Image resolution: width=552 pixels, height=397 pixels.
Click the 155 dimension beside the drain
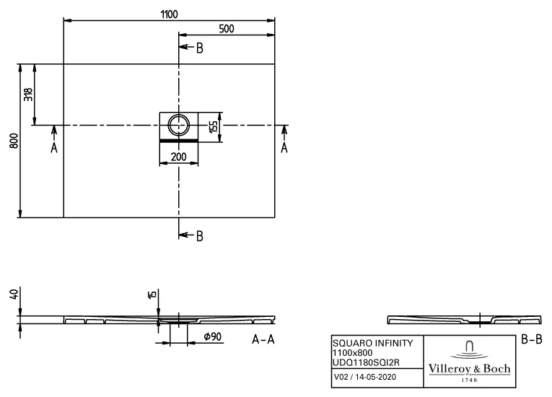[214, 126]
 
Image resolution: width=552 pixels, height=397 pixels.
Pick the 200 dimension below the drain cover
[178, 157]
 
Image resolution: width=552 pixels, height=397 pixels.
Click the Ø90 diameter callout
[213, 337]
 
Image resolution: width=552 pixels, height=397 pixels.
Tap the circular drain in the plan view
[178, 125]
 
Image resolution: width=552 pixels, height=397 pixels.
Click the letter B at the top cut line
[200, 48]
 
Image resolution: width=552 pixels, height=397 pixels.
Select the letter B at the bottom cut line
[200, 235]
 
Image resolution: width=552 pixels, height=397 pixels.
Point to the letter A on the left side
[53, 147]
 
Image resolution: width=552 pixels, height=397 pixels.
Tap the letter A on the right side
[284, 147]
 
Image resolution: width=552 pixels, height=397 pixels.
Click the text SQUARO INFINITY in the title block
[372, 342]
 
